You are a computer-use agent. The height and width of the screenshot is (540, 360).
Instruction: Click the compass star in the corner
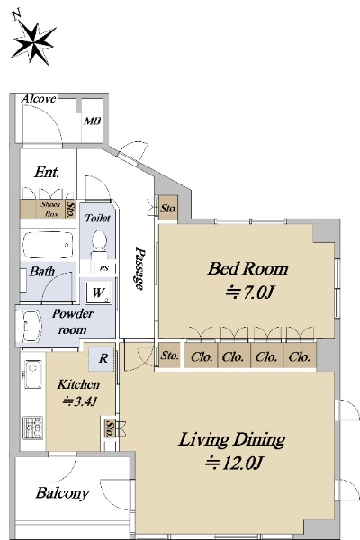[34, 43]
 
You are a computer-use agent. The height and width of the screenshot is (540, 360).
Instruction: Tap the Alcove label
[38, 99]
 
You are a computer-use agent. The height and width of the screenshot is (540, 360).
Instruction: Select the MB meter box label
[93, 121]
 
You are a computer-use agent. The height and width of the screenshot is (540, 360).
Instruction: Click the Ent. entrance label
[47, 172]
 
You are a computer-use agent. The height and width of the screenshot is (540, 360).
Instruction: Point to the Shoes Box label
[51, 209]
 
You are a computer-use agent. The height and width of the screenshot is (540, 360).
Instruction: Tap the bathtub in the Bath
[49, 245]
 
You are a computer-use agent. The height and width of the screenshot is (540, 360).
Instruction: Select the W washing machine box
[99, 292]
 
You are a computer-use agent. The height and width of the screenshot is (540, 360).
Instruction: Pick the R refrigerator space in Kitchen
[102, 358]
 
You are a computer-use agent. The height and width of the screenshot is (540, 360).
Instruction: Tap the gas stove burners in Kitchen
[33, 427]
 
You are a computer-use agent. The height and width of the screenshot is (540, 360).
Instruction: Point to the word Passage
[139, 267]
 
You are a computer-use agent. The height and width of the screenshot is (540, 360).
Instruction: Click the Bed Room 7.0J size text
[249, 292]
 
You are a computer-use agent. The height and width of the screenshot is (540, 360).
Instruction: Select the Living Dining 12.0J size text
[234, 463]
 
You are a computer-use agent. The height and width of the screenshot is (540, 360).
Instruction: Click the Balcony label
[63, 493]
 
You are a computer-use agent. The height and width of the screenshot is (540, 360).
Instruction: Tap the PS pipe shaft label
[104, 268]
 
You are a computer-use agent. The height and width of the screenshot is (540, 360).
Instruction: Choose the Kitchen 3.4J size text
[79, 401]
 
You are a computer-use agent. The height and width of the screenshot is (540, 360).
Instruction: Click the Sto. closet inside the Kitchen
[110, 428]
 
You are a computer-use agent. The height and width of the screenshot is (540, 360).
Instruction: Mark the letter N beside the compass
[16, 15]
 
